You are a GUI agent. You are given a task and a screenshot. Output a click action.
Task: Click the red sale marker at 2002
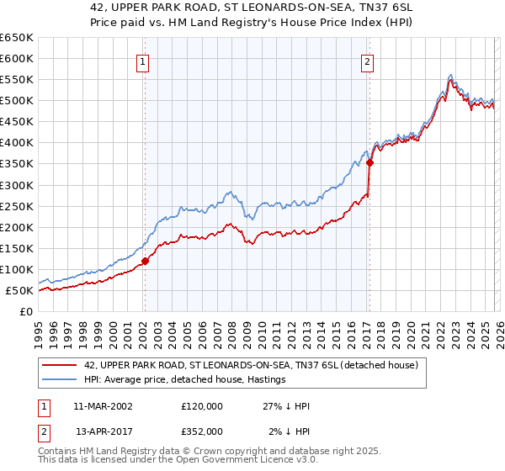[x=145, y=261]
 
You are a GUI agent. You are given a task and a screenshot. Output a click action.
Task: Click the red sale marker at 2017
[x=369, y=163]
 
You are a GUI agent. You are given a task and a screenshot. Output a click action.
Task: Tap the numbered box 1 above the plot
[x=144, y=61]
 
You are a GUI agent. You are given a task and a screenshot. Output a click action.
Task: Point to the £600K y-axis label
[x=17, y=58]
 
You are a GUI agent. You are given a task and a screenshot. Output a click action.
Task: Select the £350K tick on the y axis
[x=17, y=164]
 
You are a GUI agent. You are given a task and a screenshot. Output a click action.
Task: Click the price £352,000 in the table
[x=202, y=431]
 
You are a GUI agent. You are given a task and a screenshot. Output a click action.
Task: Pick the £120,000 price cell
[x=202, y=406]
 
